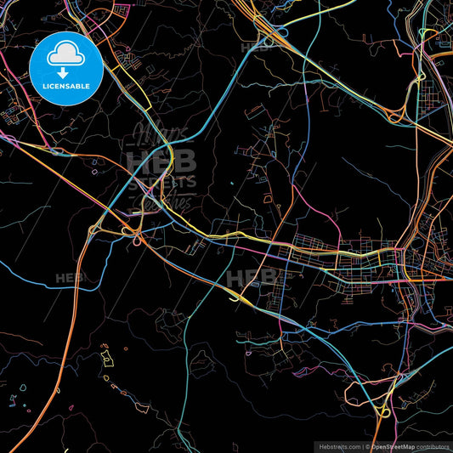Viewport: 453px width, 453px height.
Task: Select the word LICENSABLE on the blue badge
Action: coord(65,87)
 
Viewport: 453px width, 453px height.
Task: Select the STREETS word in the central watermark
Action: coord(161,181)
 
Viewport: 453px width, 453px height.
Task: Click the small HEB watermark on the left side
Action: coord(68,278)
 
